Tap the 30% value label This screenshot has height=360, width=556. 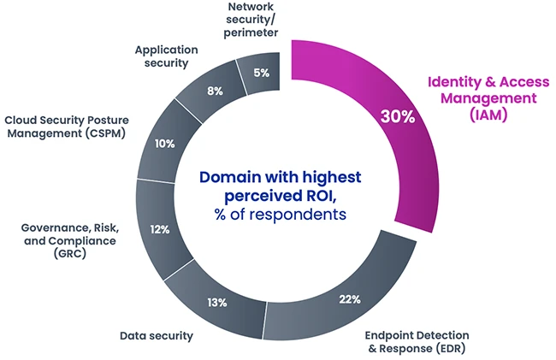(x=398, y=117)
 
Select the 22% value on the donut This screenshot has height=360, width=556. (x=348, y=299)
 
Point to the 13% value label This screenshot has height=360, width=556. (x=216, y=302)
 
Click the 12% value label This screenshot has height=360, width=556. (x=159, y=230)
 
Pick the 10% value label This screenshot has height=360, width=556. (x=164, y=144)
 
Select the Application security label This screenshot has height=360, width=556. (x=166, y=56)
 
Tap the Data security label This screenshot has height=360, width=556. (x=157, y=336)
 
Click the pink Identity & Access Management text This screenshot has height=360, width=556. (x=489, y=91)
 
